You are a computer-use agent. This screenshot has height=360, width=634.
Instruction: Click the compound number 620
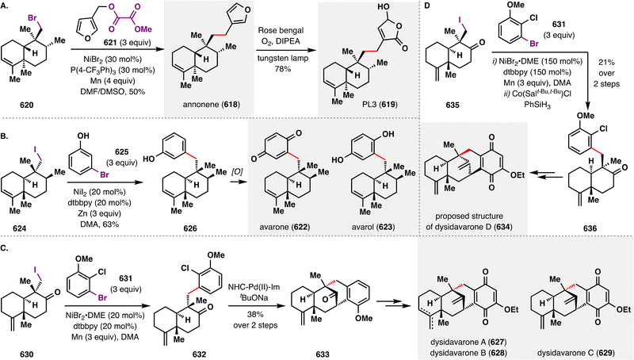click(27, 105)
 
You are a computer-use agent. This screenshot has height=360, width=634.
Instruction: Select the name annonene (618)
click(212, 105)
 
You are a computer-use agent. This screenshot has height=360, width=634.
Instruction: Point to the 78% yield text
click(281, 69)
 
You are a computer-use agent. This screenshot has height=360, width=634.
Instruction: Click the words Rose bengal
click(281, 30)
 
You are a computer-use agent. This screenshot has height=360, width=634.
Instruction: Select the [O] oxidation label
click(237, 171)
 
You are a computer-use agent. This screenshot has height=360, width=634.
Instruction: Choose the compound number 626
click(190, 228)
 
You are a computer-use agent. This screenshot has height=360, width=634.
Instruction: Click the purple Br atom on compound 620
click(33, 18)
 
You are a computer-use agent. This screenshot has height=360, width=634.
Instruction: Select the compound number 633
click(323, 354)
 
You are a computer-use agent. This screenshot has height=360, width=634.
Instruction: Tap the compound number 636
click(590, 228)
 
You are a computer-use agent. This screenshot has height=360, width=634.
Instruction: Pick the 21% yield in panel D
click(606, 63)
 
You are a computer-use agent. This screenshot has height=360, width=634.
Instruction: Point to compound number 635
click(452, 105)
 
